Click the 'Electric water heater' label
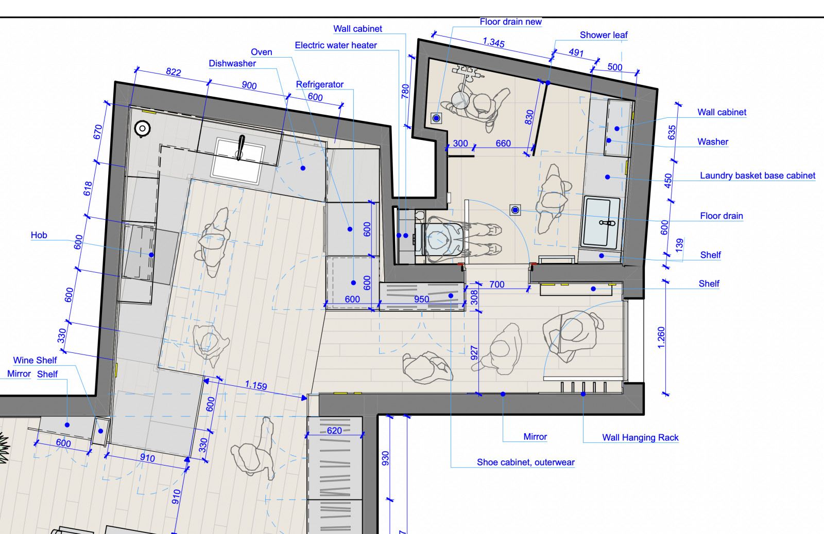(335, 45)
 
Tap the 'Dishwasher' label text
(232, 63)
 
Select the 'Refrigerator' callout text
(319, 84)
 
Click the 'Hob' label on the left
(39, 235)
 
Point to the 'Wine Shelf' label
(35, 360)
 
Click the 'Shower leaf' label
(604, 35)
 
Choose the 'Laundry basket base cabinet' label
(757, 175)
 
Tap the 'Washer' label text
(713, 141)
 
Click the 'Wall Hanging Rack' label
(640, 437)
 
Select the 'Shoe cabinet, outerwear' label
(525, 462)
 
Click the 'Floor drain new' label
(510, 22)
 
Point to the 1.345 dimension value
(493, 42)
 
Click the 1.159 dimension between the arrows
(256, 385)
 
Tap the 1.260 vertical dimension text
(661, 337)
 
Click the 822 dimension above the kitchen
(174, 72)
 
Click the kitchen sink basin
(238, 160)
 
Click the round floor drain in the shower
(437, 118)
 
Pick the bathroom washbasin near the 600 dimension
(602, 222)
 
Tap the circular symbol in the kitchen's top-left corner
(142, 128)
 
